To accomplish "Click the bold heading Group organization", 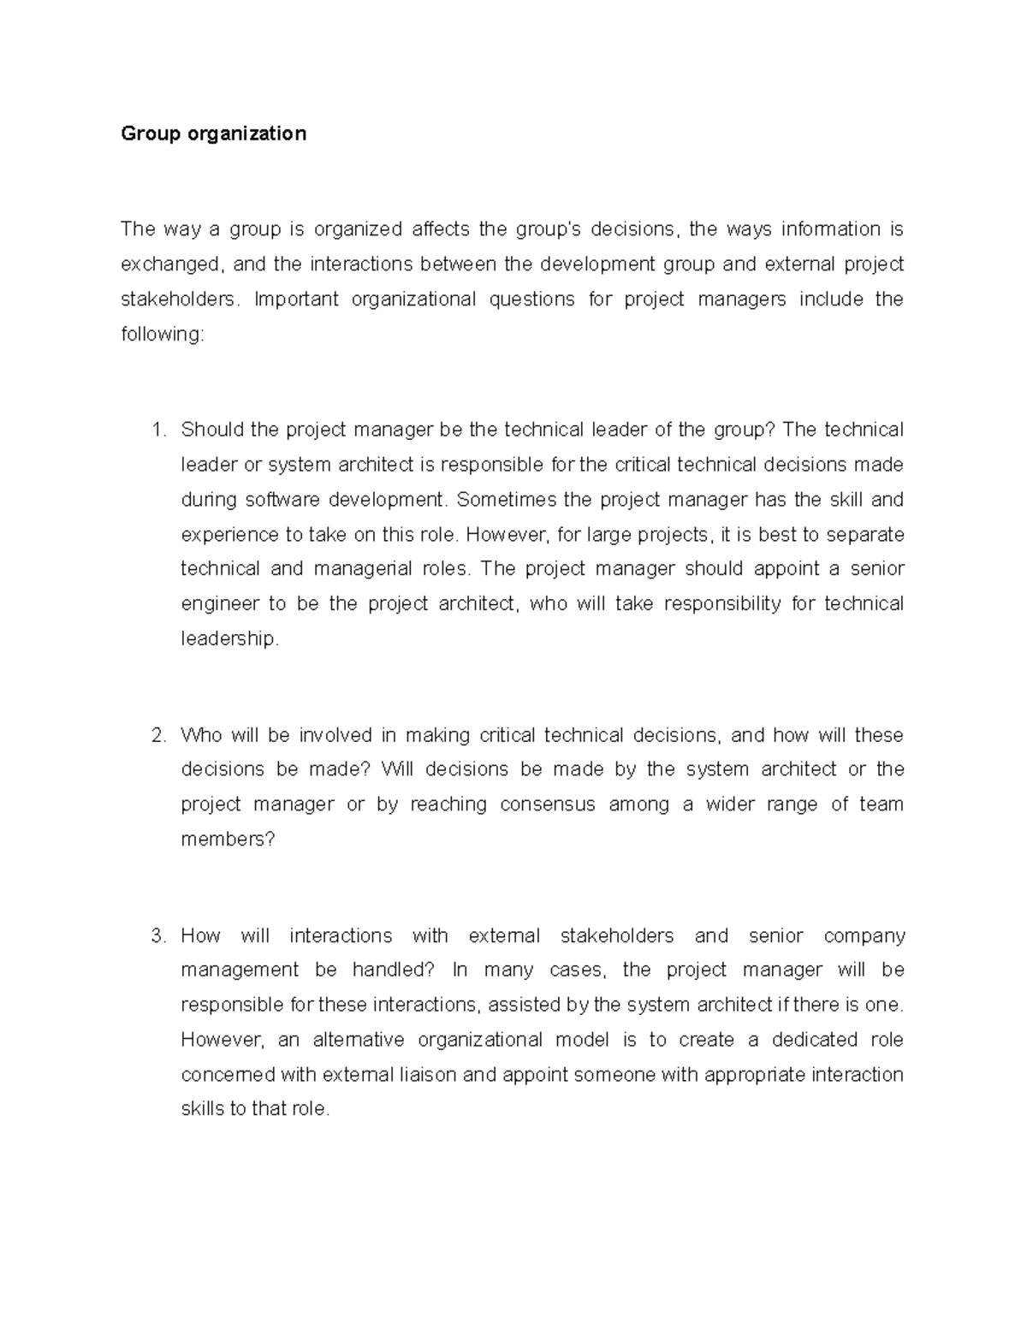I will pos(213,133).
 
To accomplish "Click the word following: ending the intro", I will pos(163,335).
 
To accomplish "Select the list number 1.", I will pos(157,430).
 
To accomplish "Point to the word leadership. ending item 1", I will pos(230,639).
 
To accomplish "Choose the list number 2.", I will pos(157,736).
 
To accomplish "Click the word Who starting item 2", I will pos(201,736).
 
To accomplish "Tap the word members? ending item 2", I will pos(228,840).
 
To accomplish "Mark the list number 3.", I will pos(157,936).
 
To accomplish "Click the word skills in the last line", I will pos(203,1110).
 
